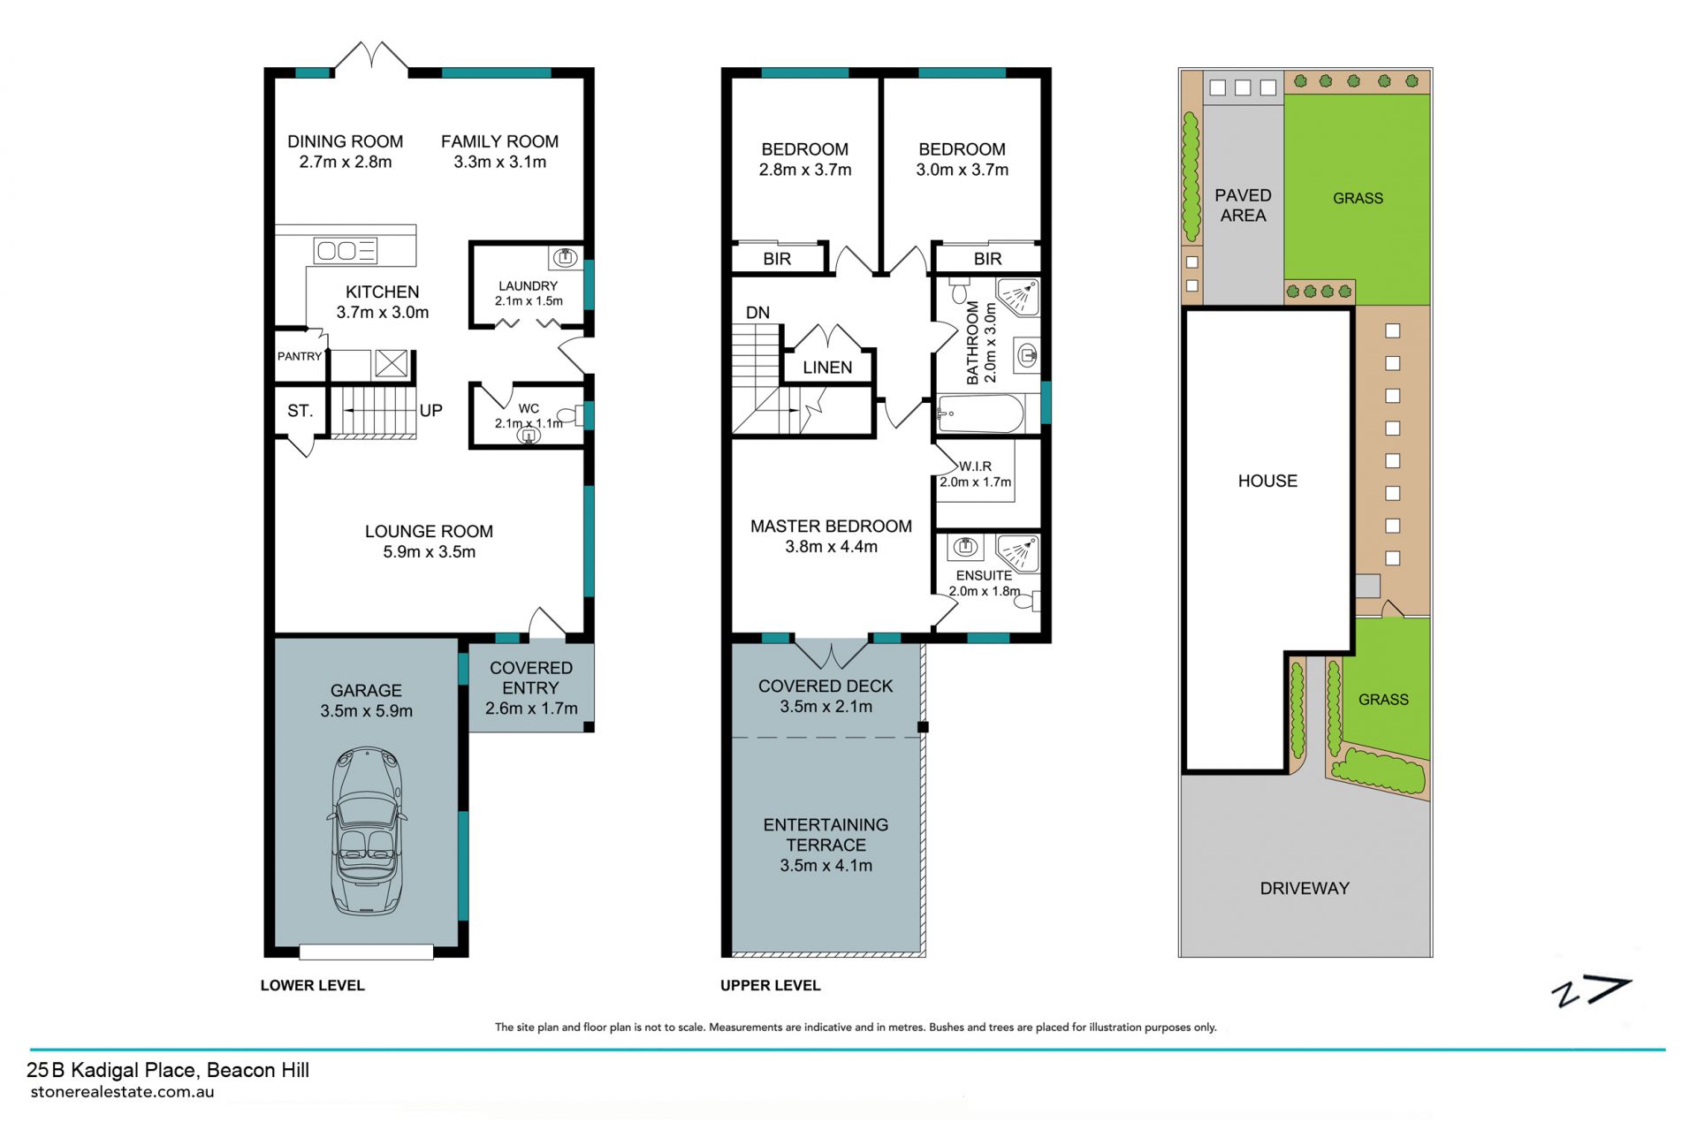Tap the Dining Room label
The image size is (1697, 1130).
pyautogui.click(x=345, y=141)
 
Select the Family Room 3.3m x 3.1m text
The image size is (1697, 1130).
pyautogui.click(x=499, y=151)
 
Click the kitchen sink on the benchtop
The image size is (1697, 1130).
pyautogui.click(x=346, y=251)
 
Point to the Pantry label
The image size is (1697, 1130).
pyautogui.click(x=300, y=356)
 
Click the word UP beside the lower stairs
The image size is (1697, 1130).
pyautogui.click(x=431, y=410)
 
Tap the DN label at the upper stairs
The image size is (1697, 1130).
pyautogui.click(x=757, y=313)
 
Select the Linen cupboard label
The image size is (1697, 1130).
pyautogui.click(x=827, y=368)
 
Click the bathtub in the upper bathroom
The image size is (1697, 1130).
pyautogui.click(x=980, y=413)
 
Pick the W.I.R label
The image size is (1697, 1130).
pyautogui.click(x=975, y=466)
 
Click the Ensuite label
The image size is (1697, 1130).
pyautogui.click(x=984, y=575)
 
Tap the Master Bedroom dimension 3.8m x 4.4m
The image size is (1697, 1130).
pyautogui.click(x=831, y=547)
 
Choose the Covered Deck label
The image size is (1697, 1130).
pyautogui.click(x=826, y=686)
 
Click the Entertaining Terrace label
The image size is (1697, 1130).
pyautogui.click(x=826, y=835)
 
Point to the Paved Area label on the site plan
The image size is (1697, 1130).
pyautogui.click(x=1243, y=205)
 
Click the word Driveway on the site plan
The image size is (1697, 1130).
pyautogui.click(x=1305, y=889)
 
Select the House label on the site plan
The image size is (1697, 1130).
pyautogui.click(x=1267, y=482)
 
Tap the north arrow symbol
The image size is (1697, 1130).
pyautogui.click(x=1591, y=992)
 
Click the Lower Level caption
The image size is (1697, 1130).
pyautogui.click(x=312, y=985)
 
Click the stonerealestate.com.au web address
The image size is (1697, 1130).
pyautogui.click(x=122, y=1092)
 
